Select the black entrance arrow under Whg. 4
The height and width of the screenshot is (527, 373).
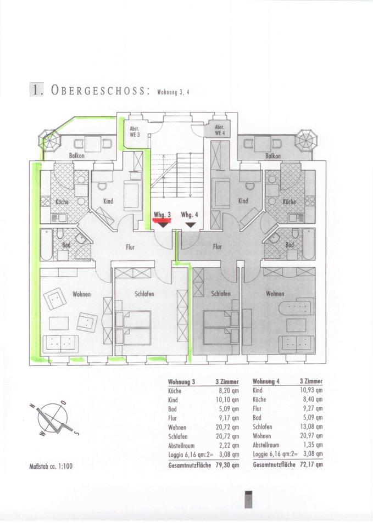coord(190,224)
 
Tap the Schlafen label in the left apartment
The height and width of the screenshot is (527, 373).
coord(144,294)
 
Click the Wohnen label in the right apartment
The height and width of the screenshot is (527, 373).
coord(275,294)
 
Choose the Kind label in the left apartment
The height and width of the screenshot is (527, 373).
coord(108,201)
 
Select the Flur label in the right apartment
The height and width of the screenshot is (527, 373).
coord(218,247)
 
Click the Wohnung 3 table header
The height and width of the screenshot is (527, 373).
coord(181,382)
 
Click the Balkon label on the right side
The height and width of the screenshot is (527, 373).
coord(273,156)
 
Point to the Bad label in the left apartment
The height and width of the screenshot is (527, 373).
coord(66,245)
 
